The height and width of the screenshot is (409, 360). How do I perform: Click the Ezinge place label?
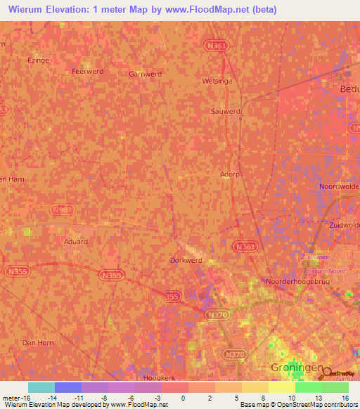point(37,60)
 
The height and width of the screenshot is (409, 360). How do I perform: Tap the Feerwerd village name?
point(87,71)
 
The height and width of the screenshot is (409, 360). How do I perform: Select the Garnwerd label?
point(146,73)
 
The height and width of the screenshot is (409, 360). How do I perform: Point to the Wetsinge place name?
point(217,81)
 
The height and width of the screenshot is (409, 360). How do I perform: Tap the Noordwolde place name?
point(339,186)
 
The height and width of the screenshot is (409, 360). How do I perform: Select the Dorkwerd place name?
point(186,260)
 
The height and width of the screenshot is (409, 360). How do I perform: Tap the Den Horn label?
point(38,342)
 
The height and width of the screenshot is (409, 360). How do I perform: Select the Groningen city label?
point(296,368)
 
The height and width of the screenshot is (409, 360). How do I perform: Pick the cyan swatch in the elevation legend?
point(41,387)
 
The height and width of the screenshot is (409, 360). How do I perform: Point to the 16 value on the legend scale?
point(345,398)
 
